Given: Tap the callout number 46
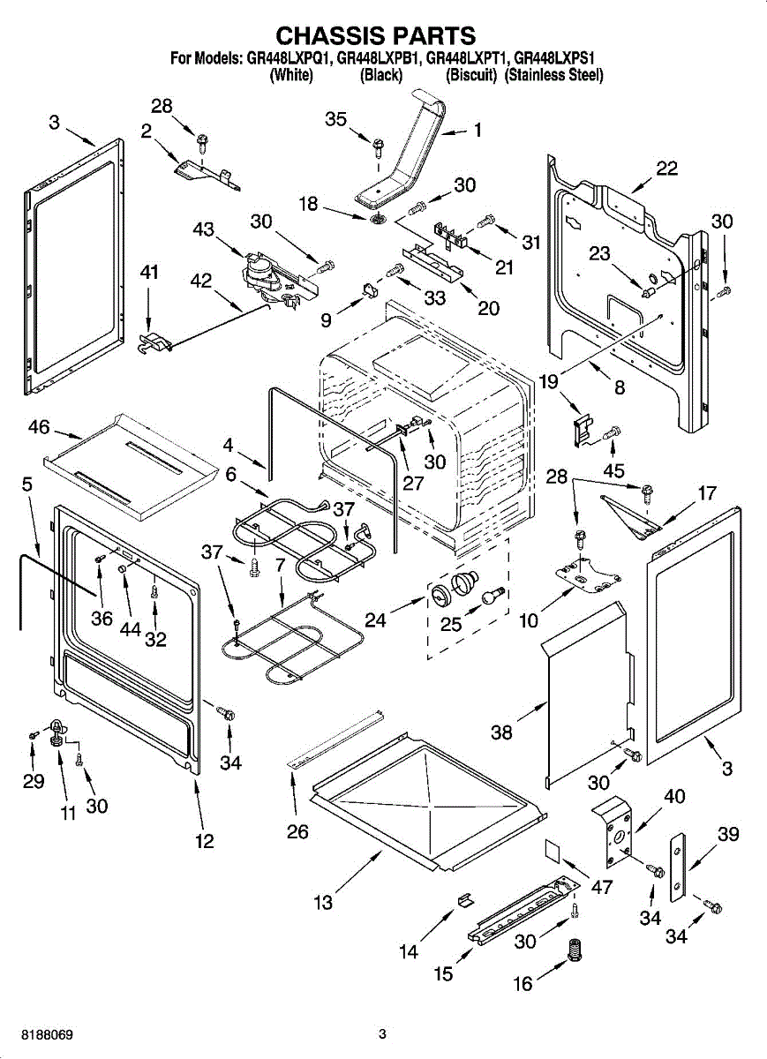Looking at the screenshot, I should click(39, 428).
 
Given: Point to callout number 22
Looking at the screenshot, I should click(666, 169).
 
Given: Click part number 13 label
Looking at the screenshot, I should click(323, 902).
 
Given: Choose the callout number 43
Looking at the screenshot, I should click(204, 229).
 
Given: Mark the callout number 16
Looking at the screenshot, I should click(523, 983).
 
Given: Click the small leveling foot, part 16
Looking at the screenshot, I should click(576, 952).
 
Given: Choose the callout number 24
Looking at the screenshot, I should click(376, 620).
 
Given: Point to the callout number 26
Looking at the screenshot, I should click(297, 831).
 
